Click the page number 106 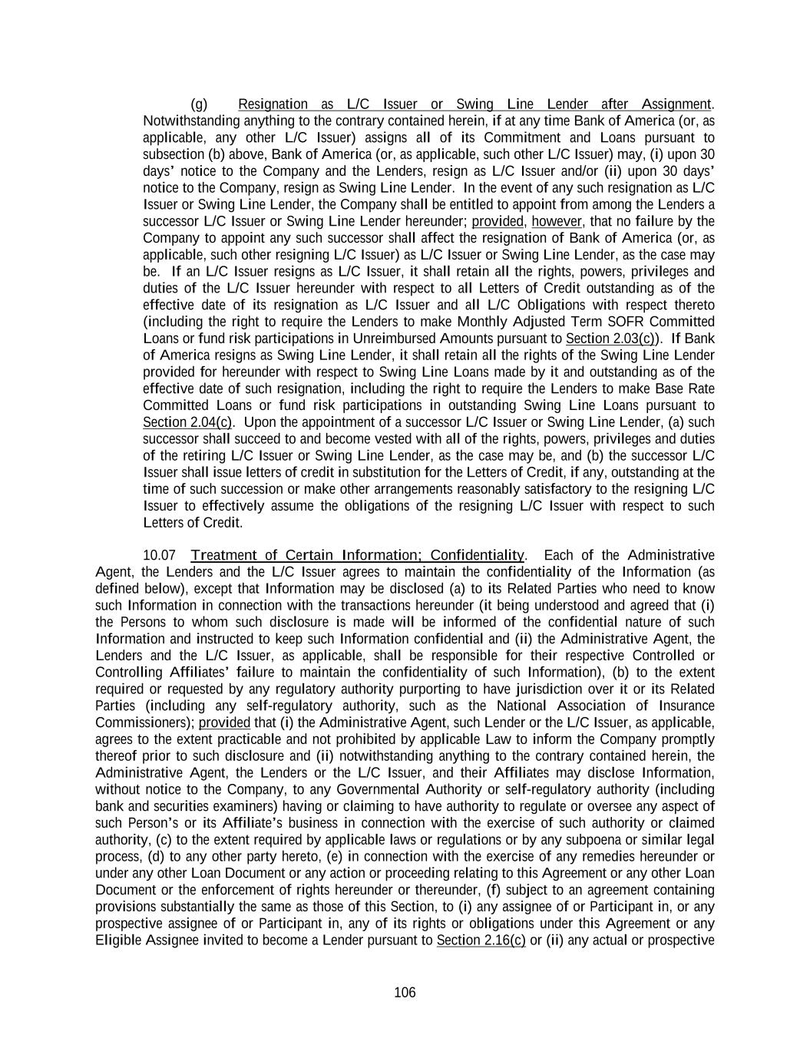point(405,992)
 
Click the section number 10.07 point(159,555)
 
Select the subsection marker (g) point(199,104)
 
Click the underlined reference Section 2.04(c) point(187,422)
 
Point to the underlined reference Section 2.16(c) point(481,941)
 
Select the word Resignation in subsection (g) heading point(273,104)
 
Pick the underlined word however point(557,221)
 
